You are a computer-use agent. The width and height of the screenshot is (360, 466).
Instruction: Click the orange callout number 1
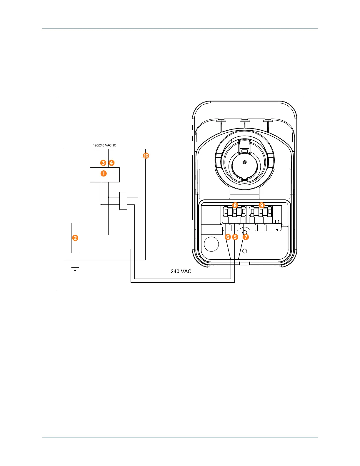click(104, 174)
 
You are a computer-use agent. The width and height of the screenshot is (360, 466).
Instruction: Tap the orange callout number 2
click(75, 238)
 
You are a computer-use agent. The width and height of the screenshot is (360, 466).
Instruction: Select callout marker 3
click(103, 163)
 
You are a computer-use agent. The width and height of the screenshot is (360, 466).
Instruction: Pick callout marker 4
click(111, 163)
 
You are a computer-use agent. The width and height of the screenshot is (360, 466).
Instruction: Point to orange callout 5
click(235, 237)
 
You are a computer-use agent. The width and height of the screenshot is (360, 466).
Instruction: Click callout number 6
click(228, 237)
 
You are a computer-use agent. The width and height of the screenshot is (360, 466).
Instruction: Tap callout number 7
click(246, 237)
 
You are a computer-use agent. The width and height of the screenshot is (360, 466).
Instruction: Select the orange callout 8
click(235, 205)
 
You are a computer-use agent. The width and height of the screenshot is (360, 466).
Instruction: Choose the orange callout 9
click(261, 205)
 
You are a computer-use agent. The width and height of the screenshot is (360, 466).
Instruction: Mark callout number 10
click(146, 156)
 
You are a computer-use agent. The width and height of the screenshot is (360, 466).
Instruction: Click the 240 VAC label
click(181, 271)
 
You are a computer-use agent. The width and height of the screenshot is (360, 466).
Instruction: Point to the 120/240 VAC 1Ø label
click(105, 145)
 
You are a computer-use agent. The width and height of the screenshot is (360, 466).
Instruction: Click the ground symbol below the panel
click(75, 268)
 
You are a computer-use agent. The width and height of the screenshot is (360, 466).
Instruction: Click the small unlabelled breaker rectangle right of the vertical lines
click(123, 201)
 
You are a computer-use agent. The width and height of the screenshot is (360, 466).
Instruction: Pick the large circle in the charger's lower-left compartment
click(211, 244)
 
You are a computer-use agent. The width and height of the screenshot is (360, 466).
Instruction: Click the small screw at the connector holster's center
click(244, 162)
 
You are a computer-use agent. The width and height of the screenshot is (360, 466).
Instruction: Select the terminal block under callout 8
click(234, 216)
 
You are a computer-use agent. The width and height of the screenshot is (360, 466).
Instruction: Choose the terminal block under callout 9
click(261, 216)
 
